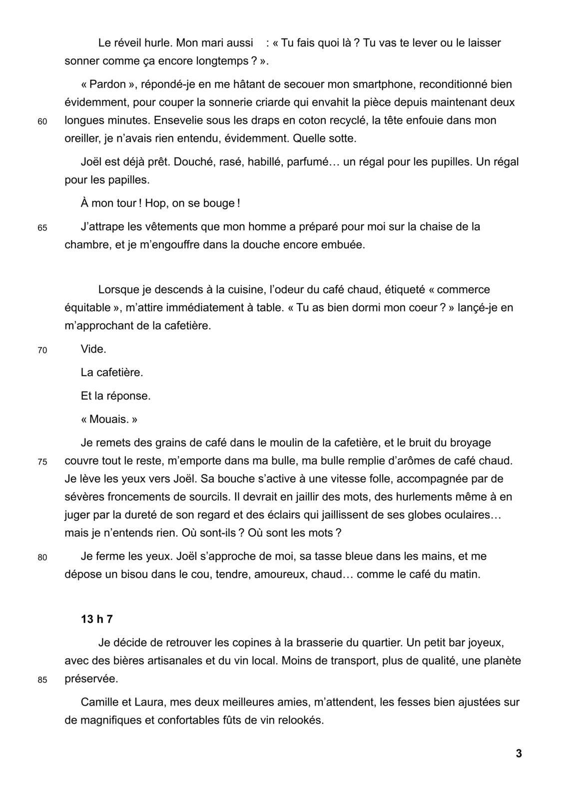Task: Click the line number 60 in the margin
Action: coord(42,121)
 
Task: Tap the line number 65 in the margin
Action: coord(42,228)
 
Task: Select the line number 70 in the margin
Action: coord(42,351)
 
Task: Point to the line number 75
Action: coord(42,462)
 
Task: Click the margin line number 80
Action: coord(42,557)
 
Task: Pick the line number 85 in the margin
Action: coord(42,680)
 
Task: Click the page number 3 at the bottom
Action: coord(519,754)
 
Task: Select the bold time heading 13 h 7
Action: coord(97,619)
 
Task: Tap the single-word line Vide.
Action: coord(93,349)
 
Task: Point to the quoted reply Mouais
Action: coord(109,419)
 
